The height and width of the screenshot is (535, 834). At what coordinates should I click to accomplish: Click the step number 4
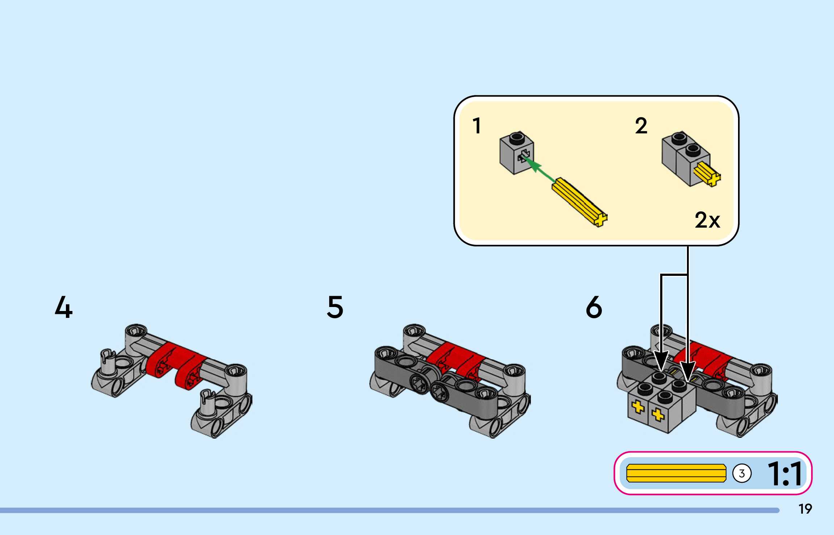coord(64,307)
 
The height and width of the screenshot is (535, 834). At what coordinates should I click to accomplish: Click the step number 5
coord(335,307)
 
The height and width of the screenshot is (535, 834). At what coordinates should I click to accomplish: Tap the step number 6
coord(594,307)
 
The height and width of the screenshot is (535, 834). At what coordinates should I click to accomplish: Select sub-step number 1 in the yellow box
coord(477,126)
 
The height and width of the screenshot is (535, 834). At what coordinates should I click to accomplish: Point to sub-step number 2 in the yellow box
coord(641,126)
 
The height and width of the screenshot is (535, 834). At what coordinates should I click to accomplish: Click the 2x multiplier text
coord(707,220)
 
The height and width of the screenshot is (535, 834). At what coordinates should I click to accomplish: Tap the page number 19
coord(805,509)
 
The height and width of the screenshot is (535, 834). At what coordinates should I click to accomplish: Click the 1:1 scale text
coord(785,473)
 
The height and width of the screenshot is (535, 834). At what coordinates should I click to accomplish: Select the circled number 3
coord(742,473)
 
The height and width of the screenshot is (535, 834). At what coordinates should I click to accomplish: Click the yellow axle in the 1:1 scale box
coord(676,473)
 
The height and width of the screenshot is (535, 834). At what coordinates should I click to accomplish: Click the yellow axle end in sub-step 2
coord(708,174)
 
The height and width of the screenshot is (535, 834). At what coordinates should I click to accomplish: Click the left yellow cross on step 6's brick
coord(638,407)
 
